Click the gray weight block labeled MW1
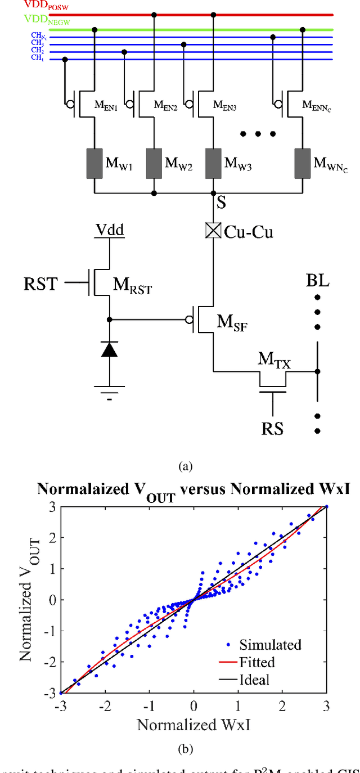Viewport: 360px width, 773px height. pos(94,163)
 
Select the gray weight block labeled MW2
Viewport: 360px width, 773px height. pos(154,163)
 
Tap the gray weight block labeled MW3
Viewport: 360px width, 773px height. pos(213,163)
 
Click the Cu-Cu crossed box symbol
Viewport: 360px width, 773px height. pos(213,231)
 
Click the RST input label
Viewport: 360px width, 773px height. pos(40,284)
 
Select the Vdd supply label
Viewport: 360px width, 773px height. pos(109,230)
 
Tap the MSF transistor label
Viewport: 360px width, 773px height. pos(232,322)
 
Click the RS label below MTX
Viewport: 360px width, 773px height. pos(272,429)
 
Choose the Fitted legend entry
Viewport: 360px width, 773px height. pos(256,662)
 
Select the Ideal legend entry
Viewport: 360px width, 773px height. pos(254,679)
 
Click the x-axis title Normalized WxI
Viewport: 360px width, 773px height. pos(193,723)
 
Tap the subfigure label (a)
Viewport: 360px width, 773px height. pos(185,466)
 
